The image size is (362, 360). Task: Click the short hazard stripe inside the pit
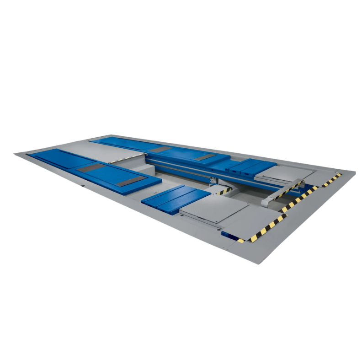(225, 188)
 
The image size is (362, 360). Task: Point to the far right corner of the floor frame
(354, 172)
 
